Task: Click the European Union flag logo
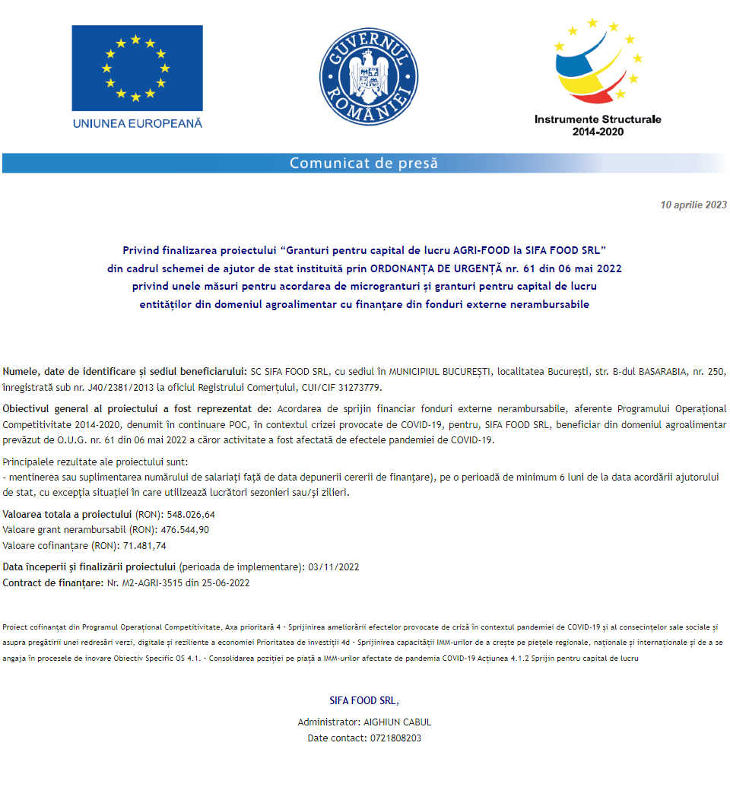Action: point(137,68)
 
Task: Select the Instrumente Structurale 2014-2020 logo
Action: point(598,76)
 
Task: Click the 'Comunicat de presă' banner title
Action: point(363,163)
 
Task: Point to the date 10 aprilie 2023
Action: point(693,205)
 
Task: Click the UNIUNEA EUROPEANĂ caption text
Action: point(137,123)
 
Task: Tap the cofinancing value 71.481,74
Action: point(144,546)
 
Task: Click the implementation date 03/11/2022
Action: point(333,566)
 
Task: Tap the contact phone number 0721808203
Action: point(395,738)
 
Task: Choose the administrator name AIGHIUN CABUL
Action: point(398,722)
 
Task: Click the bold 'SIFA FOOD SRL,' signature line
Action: point(363,700)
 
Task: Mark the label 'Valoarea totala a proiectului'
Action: point(67,514)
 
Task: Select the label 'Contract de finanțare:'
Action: point(52,583)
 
